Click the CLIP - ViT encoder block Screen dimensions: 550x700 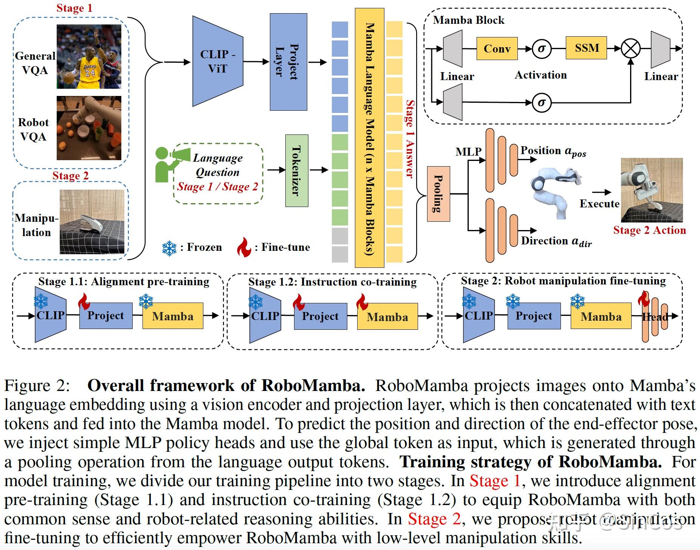218,61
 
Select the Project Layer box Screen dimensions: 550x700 288,62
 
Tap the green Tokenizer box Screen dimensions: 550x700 296,170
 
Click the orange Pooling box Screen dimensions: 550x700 438,193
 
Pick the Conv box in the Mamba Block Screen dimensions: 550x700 497,48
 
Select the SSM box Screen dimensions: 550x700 586,48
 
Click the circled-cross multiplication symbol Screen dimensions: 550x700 631,49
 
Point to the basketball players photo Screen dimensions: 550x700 89,57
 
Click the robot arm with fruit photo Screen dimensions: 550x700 89,128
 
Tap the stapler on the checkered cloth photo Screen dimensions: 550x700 92,222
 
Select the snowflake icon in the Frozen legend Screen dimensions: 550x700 169,248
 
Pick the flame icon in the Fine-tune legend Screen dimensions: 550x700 244,247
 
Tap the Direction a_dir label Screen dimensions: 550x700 556,241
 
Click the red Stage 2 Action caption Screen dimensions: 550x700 649,230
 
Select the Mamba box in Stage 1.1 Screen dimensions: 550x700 173,316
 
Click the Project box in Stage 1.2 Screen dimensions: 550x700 320,316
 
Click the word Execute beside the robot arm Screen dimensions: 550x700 599,204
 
